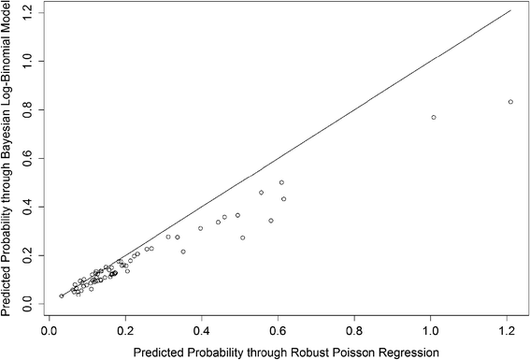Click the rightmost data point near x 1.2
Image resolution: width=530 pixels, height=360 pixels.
click(x=510, y=102)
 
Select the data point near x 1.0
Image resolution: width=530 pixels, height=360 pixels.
click(x=434, y=117)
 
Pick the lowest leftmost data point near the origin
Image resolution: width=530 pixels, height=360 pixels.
click(x=62, y=295)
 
